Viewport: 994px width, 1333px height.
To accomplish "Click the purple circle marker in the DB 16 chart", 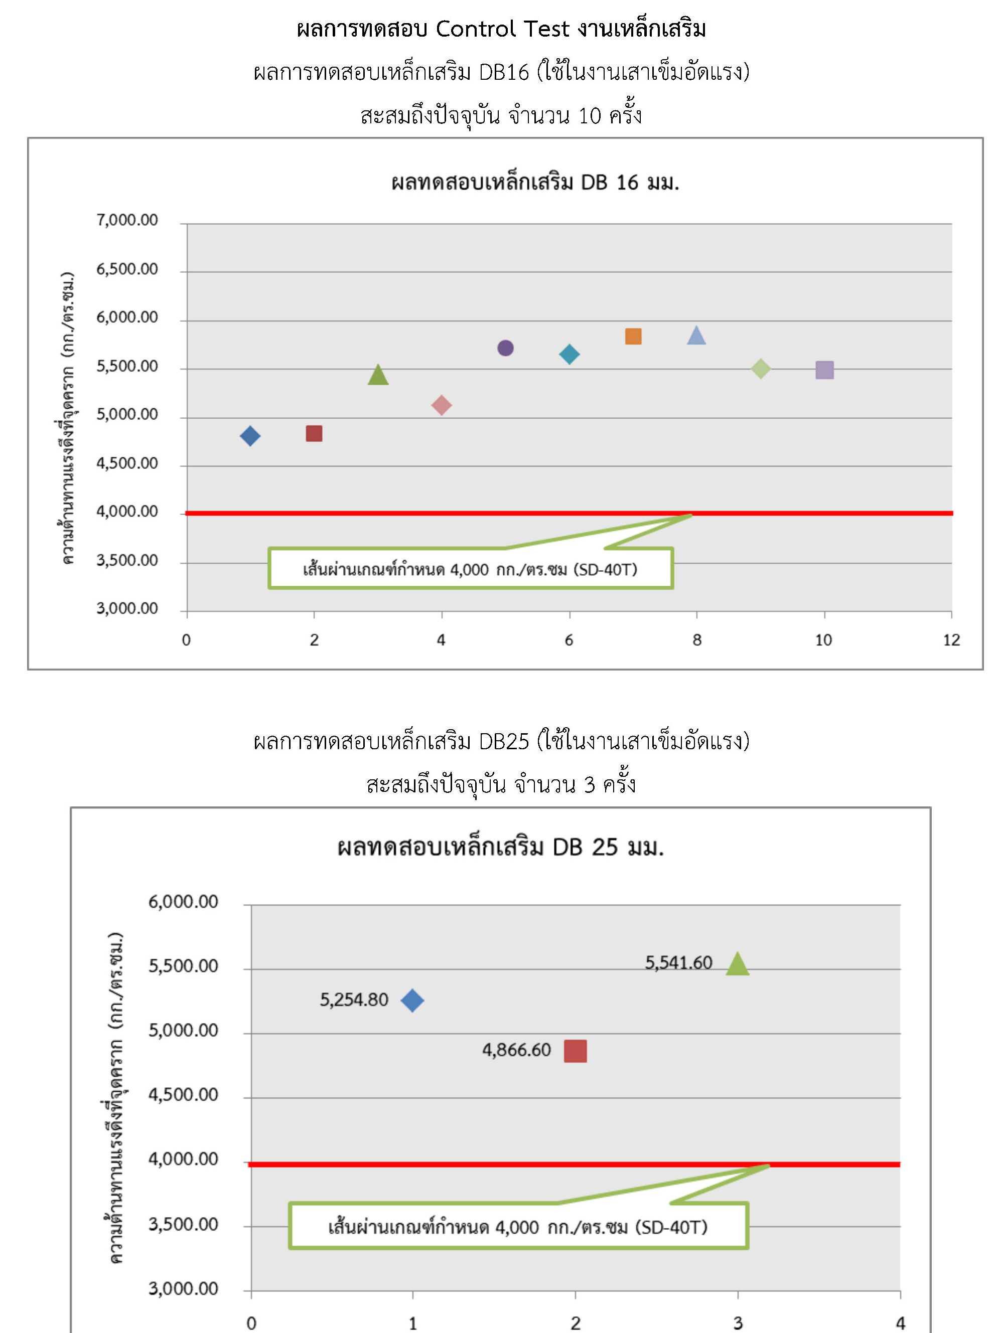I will click(x=505, y=348).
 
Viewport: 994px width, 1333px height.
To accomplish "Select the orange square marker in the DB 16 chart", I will click(x=633, y=336).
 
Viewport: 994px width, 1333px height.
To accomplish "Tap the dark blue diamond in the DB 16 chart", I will click(x=250, y=436).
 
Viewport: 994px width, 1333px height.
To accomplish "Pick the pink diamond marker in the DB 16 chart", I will click(x=442, y=405).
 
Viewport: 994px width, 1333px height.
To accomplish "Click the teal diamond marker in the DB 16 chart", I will click(x=569, y=354).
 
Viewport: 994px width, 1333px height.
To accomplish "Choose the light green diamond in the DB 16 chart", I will click(x=761, y=369).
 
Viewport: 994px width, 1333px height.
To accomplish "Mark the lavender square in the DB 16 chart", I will click(x=824, y=370).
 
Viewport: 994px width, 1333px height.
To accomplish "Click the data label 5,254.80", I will click(x=354, y=999).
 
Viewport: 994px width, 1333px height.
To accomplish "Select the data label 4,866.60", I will click(x=516, y=1050).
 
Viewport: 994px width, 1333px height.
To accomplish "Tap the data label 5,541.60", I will click(x=679, y=962).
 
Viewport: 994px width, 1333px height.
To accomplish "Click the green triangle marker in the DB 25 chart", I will click(x=737, y=964).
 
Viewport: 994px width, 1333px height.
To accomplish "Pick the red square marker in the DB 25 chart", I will click(x=575, y=1051).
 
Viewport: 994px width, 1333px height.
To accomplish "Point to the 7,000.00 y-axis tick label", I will click(x=127, y=220).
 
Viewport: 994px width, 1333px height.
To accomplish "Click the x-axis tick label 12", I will click(x=951, y=640).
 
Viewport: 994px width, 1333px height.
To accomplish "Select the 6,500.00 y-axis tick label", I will click(x=127, y=269).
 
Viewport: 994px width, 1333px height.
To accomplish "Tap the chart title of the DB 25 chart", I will click(x=501, y=847).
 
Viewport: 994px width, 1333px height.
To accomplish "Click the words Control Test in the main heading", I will click(x=502, y=28).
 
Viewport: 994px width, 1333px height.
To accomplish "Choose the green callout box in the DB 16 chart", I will click(x=471, y=568).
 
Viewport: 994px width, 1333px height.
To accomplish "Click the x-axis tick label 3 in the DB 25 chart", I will click(x=738, y=1323).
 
